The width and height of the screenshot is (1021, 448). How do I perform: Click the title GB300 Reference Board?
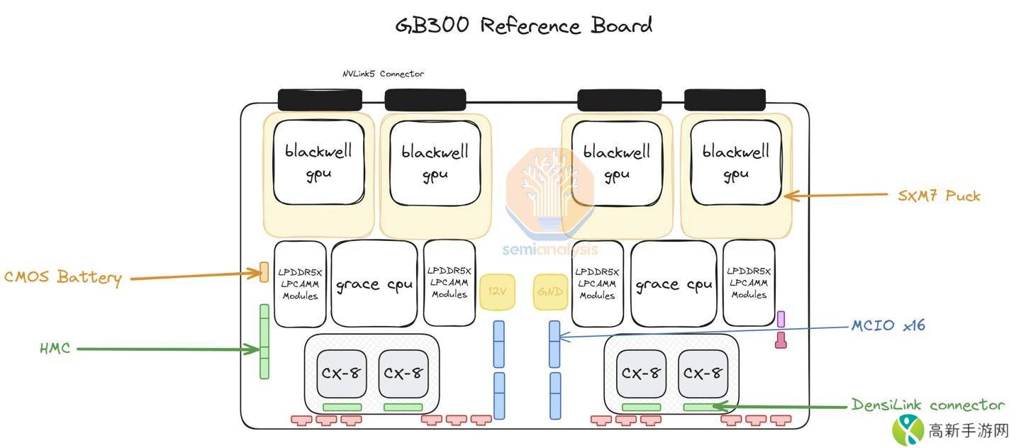click(x=524, y=26)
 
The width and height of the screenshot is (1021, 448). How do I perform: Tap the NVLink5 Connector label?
click(x=383, y=74)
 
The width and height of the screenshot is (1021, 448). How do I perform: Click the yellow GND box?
click(x=550, y=292)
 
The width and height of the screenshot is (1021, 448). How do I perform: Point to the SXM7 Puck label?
click(x=939, y=196)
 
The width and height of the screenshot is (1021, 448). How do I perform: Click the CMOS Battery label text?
click(x=63, y=277)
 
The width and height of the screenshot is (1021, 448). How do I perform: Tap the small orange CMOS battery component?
click(x=264, y=271)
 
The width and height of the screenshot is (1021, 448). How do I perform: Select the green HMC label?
click(x=55, y=348)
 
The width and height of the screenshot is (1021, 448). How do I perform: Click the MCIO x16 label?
click(x=888, y=326)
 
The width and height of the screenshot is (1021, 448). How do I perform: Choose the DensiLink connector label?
click(x=928, y=405)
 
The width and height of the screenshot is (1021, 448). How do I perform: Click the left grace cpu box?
click(x=374, y=284)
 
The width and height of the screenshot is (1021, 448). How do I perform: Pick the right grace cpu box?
click(x=674, y=284)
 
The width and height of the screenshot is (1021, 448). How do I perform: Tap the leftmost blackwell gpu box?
click(x=318, y=162)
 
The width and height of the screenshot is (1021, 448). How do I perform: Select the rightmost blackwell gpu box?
click(x=736, y=162)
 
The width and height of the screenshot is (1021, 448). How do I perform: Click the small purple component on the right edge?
click(x=781, y=319)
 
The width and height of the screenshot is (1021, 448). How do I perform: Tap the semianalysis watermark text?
click(x=550, y=250)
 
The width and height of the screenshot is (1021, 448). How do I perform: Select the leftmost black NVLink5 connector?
click(x=320, y=99)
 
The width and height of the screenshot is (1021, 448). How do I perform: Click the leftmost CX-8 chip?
click(x=342, y=374)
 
